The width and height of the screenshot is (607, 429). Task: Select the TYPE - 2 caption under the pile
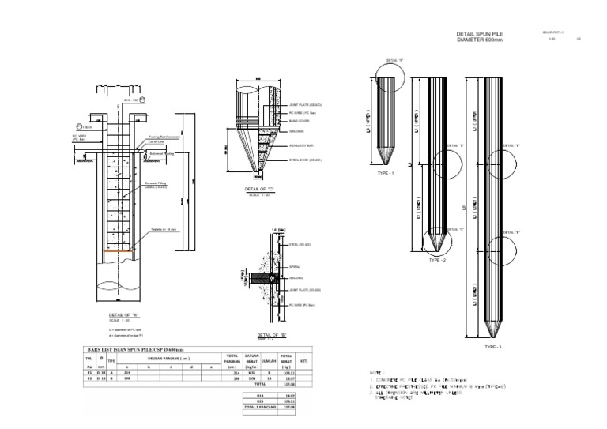pyautogui.click(x=438, y=259)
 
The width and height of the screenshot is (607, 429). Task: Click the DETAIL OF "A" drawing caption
pyautogui.click(x=125, y=313)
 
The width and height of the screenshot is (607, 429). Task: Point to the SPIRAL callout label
pyautogui.click(x=295, y=256)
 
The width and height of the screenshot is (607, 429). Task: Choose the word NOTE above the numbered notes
pyautogui.click(x=375, y=372)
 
